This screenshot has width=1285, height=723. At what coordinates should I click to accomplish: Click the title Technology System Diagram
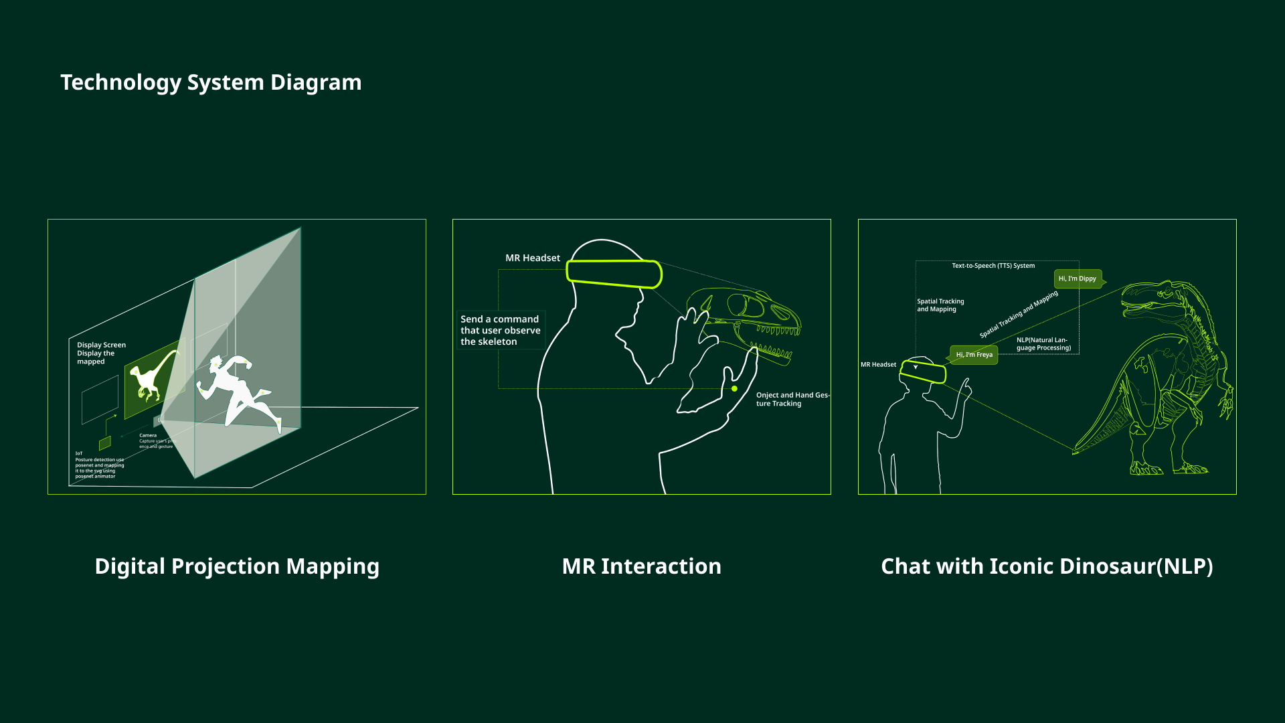[211, 82]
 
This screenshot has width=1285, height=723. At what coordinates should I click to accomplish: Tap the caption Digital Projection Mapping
[237, 566]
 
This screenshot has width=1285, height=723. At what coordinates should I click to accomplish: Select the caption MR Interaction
[641, 566]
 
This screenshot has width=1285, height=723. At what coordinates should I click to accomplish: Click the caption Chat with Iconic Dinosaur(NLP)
[1047, 566]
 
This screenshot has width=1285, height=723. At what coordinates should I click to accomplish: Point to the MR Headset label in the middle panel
[532, 258]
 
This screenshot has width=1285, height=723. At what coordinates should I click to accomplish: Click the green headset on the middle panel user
[614, 274]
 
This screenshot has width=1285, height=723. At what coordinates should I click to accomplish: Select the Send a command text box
[501, 330]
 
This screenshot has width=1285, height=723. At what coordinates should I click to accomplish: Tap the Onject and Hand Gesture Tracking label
[792, 399]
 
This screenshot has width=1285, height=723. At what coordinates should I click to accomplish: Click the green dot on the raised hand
[734, 388]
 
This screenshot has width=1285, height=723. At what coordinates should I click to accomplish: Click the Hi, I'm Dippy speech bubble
[1078, 278]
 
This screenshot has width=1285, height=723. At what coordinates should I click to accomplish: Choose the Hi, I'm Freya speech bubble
[974, 355]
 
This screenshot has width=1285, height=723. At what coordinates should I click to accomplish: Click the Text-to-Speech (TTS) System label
[993, 266]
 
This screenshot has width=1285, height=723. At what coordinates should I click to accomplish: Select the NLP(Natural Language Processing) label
[1043, 344]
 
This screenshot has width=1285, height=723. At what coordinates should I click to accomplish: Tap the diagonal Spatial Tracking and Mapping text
[1019, 314]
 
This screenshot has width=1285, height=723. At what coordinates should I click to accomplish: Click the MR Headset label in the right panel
[878, 365]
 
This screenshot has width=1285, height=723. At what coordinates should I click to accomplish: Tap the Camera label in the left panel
[148, 435]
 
